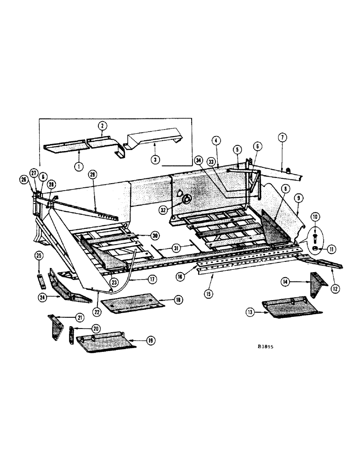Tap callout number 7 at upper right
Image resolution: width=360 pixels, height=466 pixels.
pos(283,137)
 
